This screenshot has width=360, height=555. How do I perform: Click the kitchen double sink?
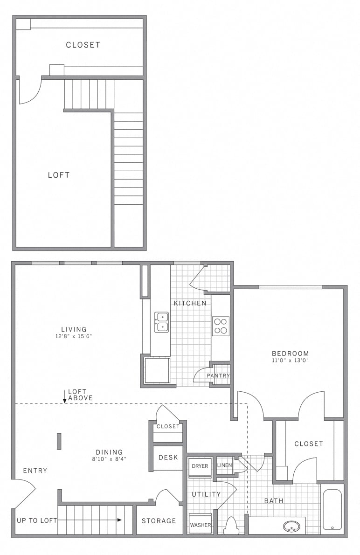click(162, 322)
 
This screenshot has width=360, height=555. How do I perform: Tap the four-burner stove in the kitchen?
click(221, 326)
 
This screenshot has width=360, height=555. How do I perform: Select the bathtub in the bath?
click(332, 509)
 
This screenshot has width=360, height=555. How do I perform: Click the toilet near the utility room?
click(231, 526)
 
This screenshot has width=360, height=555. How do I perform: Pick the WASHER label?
click(200, 525)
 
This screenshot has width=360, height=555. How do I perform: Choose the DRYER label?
click(200, 466)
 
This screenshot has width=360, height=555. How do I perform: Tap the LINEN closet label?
click(224, 465)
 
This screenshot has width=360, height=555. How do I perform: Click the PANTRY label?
click(219, 375)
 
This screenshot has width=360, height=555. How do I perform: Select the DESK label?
click(168, 458)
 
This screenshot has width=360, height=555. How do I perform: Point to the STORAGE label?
click(159, 520)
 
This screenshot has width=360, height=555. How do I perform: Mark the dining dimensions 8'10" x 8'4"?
click(109, 458)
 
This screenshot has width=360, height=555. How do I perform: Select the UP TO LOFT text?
click(37, 520)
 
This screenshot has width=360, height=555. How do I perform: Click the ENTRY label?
click(35, 471)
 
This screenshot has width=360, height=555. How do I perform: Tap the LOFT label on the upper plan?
click(59, 175)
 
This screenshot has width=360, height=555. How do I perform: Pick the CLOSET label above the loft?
click(83, 45)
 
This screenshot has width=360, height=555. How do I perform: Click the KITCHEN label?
click(190, 303)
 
